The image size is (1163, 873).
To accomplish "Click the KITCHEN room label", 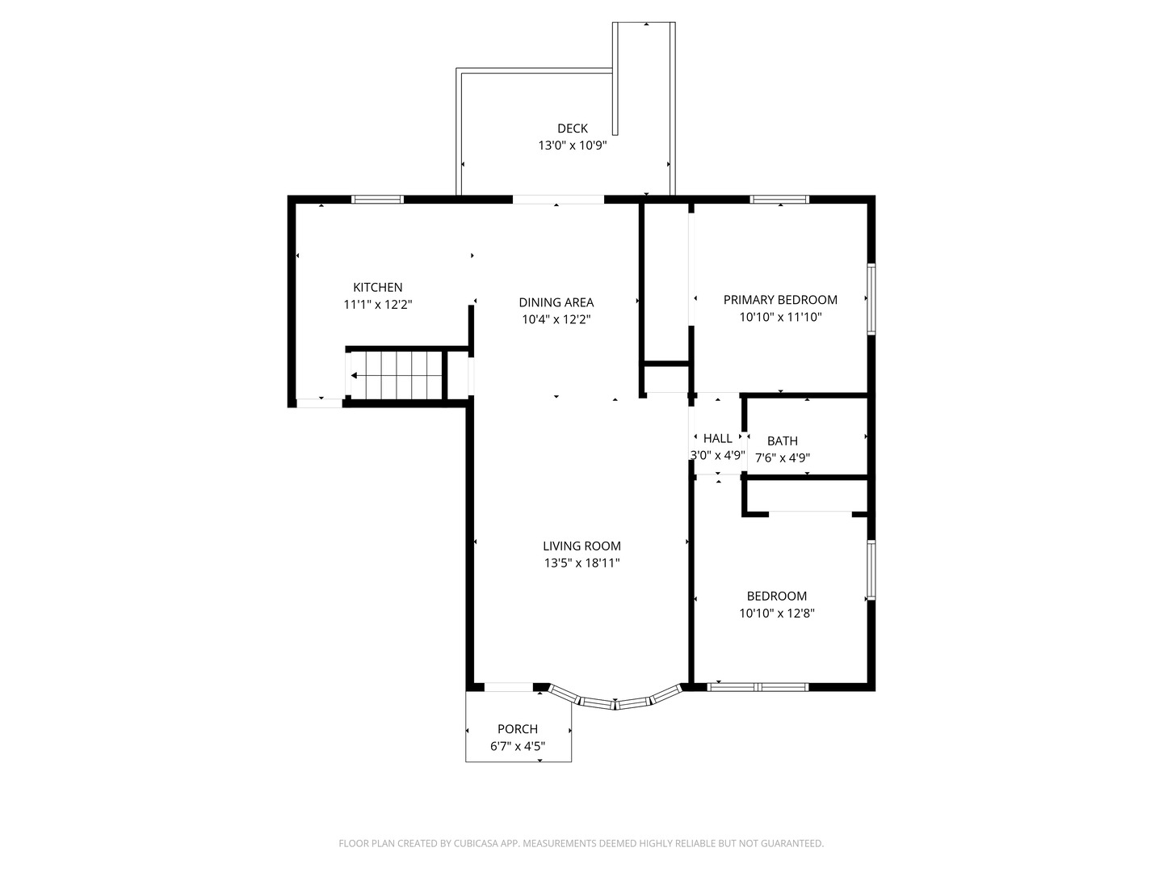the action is click(x=377, y=287).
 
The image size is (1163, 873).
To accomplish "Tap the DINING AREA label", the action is click(x=556, y=302).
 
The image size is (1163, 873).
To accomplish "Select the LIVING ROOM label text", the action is click(x=581, y=546).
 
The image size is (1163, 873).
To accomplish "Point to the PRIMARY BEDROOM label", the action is click(x=780, y=300).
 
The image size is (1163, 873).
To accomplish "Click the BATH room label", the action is click(x=782, y=441).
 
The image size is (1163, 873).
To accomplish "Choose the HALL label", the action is click(x=717, y=438).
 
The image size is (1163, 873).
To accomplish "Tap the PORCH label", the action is click(x=517, y=729).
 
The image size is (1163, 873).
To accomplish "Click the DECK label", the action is click(x=573, y=129).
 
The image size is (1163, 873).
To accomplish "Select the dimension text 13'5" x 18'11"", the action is click(x=581, y=563).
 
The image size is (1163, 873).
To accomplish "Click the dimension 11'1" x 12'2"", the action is click(x=378, y=305).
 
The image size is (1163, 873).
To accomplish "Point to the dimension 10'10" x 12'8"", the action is click(x=777, y=614).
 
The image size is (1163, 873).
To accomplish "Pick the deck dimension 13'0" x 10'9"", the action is click(x=573, y=145).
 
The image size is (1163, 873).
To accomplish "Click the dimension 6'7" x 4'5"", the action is click(x=518, y=746).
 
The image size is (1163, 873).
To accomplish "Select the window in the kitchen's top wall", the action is click(x=377, y=200).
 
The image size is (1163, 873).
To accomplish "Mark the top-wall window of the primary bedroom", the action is click(x=779, y=200).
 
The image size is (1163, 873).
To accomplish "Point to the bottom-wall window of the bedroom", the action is click(x=758, y=687).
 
